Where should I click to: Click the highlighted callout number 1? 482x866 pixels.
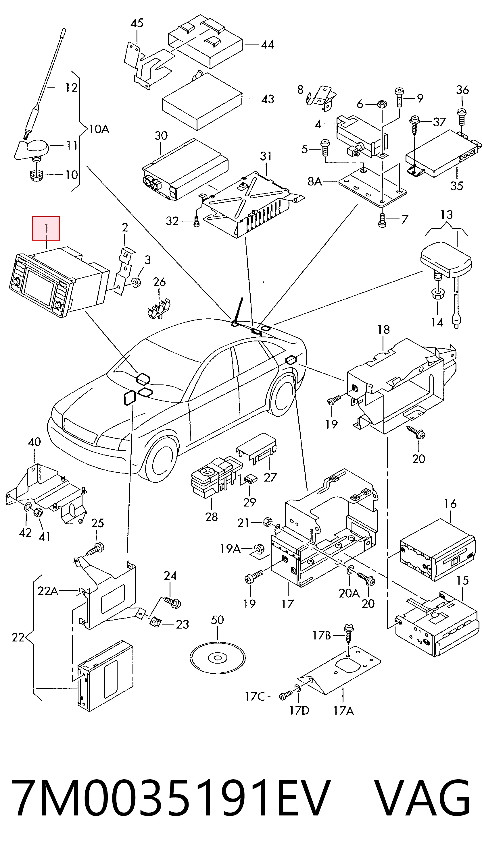click(46, 229)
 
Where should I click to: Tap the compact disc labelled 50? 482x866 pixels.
click(218, 658)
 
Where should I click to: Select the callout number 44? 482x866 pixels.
click(267, 45)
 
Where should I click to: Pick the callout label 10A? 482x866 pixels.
click(99, 129)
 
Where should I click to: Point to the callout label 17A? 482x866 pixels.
click(344, 711)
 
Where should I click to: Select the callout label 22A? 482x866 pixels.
click(48, 591)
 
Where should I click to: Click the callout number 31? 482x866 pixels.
click(266, 156)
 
